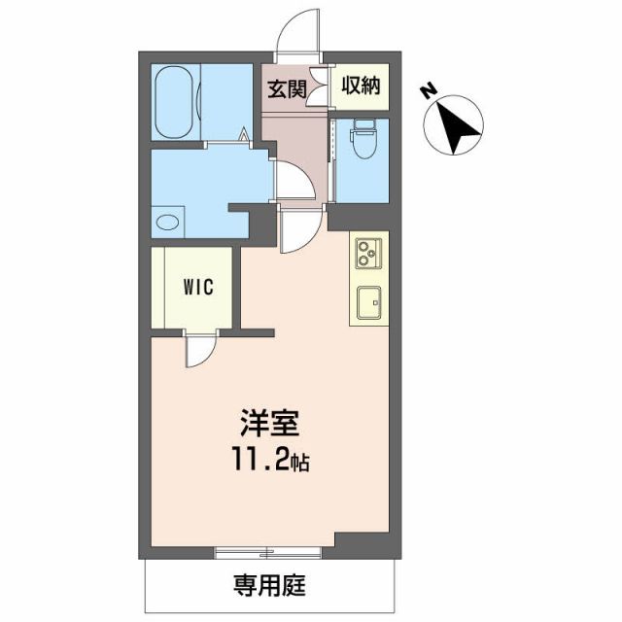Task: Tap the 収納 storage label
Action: [x=359, y=85]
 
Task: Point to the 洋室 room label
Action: [x=269, y=426]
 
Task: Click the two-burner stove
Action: [x=367, y=254]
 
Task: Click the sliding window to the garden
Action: [x=275, y=554]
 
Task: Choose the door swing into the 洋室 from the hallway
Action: [x=296, y=234]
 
